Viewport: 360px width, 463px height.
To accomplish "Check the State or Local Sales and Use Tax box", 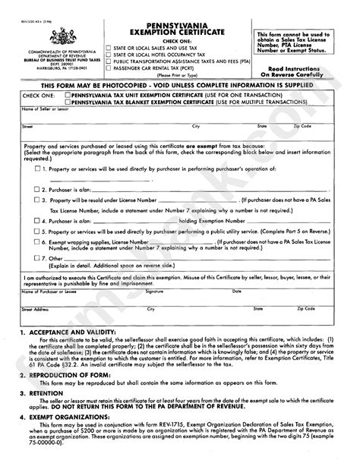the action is click(107, 47).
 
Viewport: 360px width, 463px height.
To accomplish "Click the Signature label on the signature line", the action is click(155, 291).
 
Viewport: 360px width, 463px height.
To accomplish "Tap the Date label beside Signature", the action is click(259, 291).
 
